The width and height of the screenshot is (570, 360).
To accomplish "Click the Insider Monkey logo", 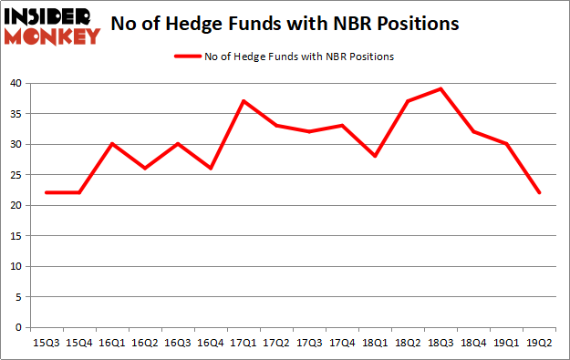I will click(52, 25).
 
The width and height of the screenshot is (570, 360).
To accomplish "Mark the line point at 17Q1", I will click(242, 101).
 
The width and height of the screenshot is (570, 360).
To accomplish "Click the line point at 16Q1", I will click(113, 144).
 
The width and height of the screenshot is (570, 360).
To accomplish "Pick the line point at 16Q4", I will click(210, 169).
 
